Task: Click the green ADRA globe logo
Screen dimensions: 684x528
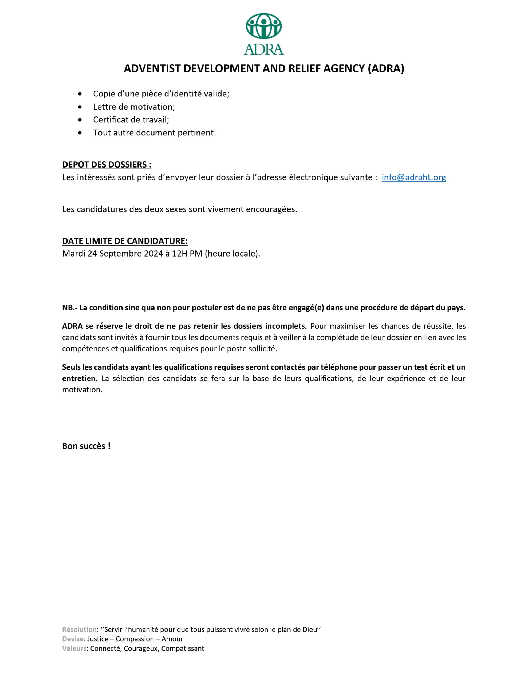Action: tap(263, 33)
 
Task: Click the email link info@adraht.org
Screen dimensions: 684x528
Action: tap(413, 177)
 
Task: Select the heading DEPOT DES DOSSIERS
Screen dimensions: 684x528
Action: tap(107, 165)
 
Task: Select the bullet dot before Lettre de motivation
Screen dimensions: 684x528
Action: tap(80, 107)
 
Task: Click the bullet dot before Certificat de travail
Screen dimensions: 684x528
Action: tap(80, 120)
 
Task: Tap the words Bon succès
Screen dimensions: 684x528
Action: tap(86, 446)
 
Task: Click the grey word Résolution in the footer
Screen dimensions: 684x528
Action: tap(80, 629)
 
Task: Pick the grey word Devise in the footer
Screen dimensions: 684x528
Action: tap(73, 639)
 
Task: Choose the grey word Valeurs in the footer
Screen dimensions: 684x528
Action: tap(74, 648)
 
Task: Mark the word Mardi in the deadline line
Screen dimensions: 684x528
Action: tap(74, 253)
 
